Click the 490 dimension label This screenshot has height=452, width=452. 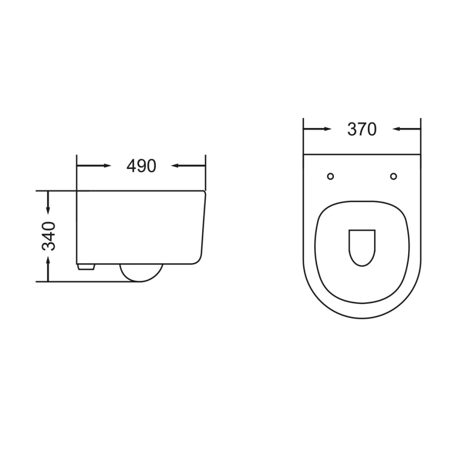(x=141, y=166)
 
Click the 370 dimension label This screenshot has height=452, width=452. (x=362, y=129)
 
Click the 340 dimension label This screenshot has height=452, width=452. (x=49, y=236)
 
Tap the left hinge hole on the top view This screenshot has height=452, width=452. (x=330, y=176)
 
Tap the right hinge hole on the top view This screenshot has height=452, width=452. (x=394, y=176)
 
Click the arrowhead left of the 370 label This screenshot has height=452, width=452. (x=327, y=129)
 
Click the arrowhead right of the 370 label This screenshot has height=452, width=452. (x=397, y=129)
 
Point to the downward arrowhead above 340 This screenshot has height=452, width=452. (x=49, y=210)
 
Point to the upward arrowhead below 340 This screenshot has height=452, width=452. (x=49, y=263)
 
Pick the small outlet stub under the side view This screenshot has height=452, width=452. (x=87, y=267)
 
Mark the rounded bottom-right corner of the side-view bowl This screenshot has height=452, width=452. (x=197, y=258)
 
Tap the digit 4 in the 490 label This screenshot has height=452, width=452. (x=132, y=166)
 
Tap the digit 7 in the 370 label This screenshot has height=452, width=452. (x=362, y=129)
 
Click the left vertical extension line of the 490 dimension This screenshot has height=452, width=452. (x=77, y=172)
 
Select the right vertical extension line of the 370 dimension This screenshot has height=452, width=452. (x=420, y=136)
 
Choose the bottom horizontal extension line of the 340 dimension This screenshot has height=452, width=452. (x=84, y=282)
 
